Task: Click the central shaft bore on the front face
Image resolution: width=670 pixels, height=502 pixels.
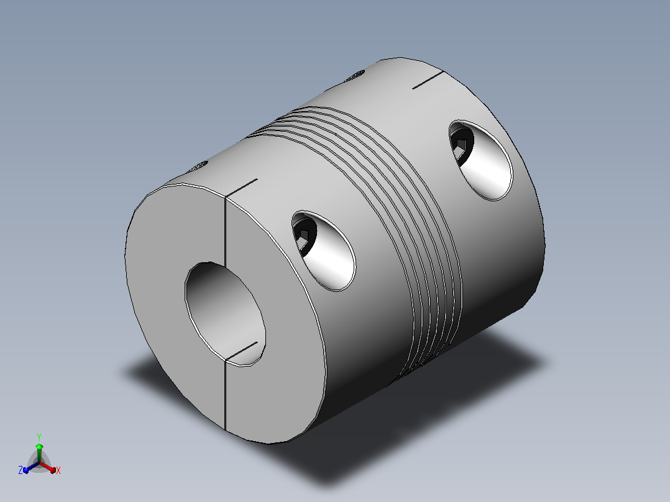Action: click(x=225, y=314)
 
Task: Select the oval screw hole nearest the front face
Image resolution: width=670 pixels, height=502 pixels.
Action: click(x=324, y=251)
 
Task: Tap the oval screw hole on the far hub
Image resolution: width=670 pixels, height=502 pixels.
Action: click(x=480, y=160)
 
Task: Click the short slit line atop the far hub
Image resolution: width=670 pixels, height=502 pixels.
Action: click(x=428, y=80)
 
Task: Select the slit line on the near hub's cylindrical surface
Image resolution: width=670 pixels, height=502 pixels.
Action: click(x=241, y=188)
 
